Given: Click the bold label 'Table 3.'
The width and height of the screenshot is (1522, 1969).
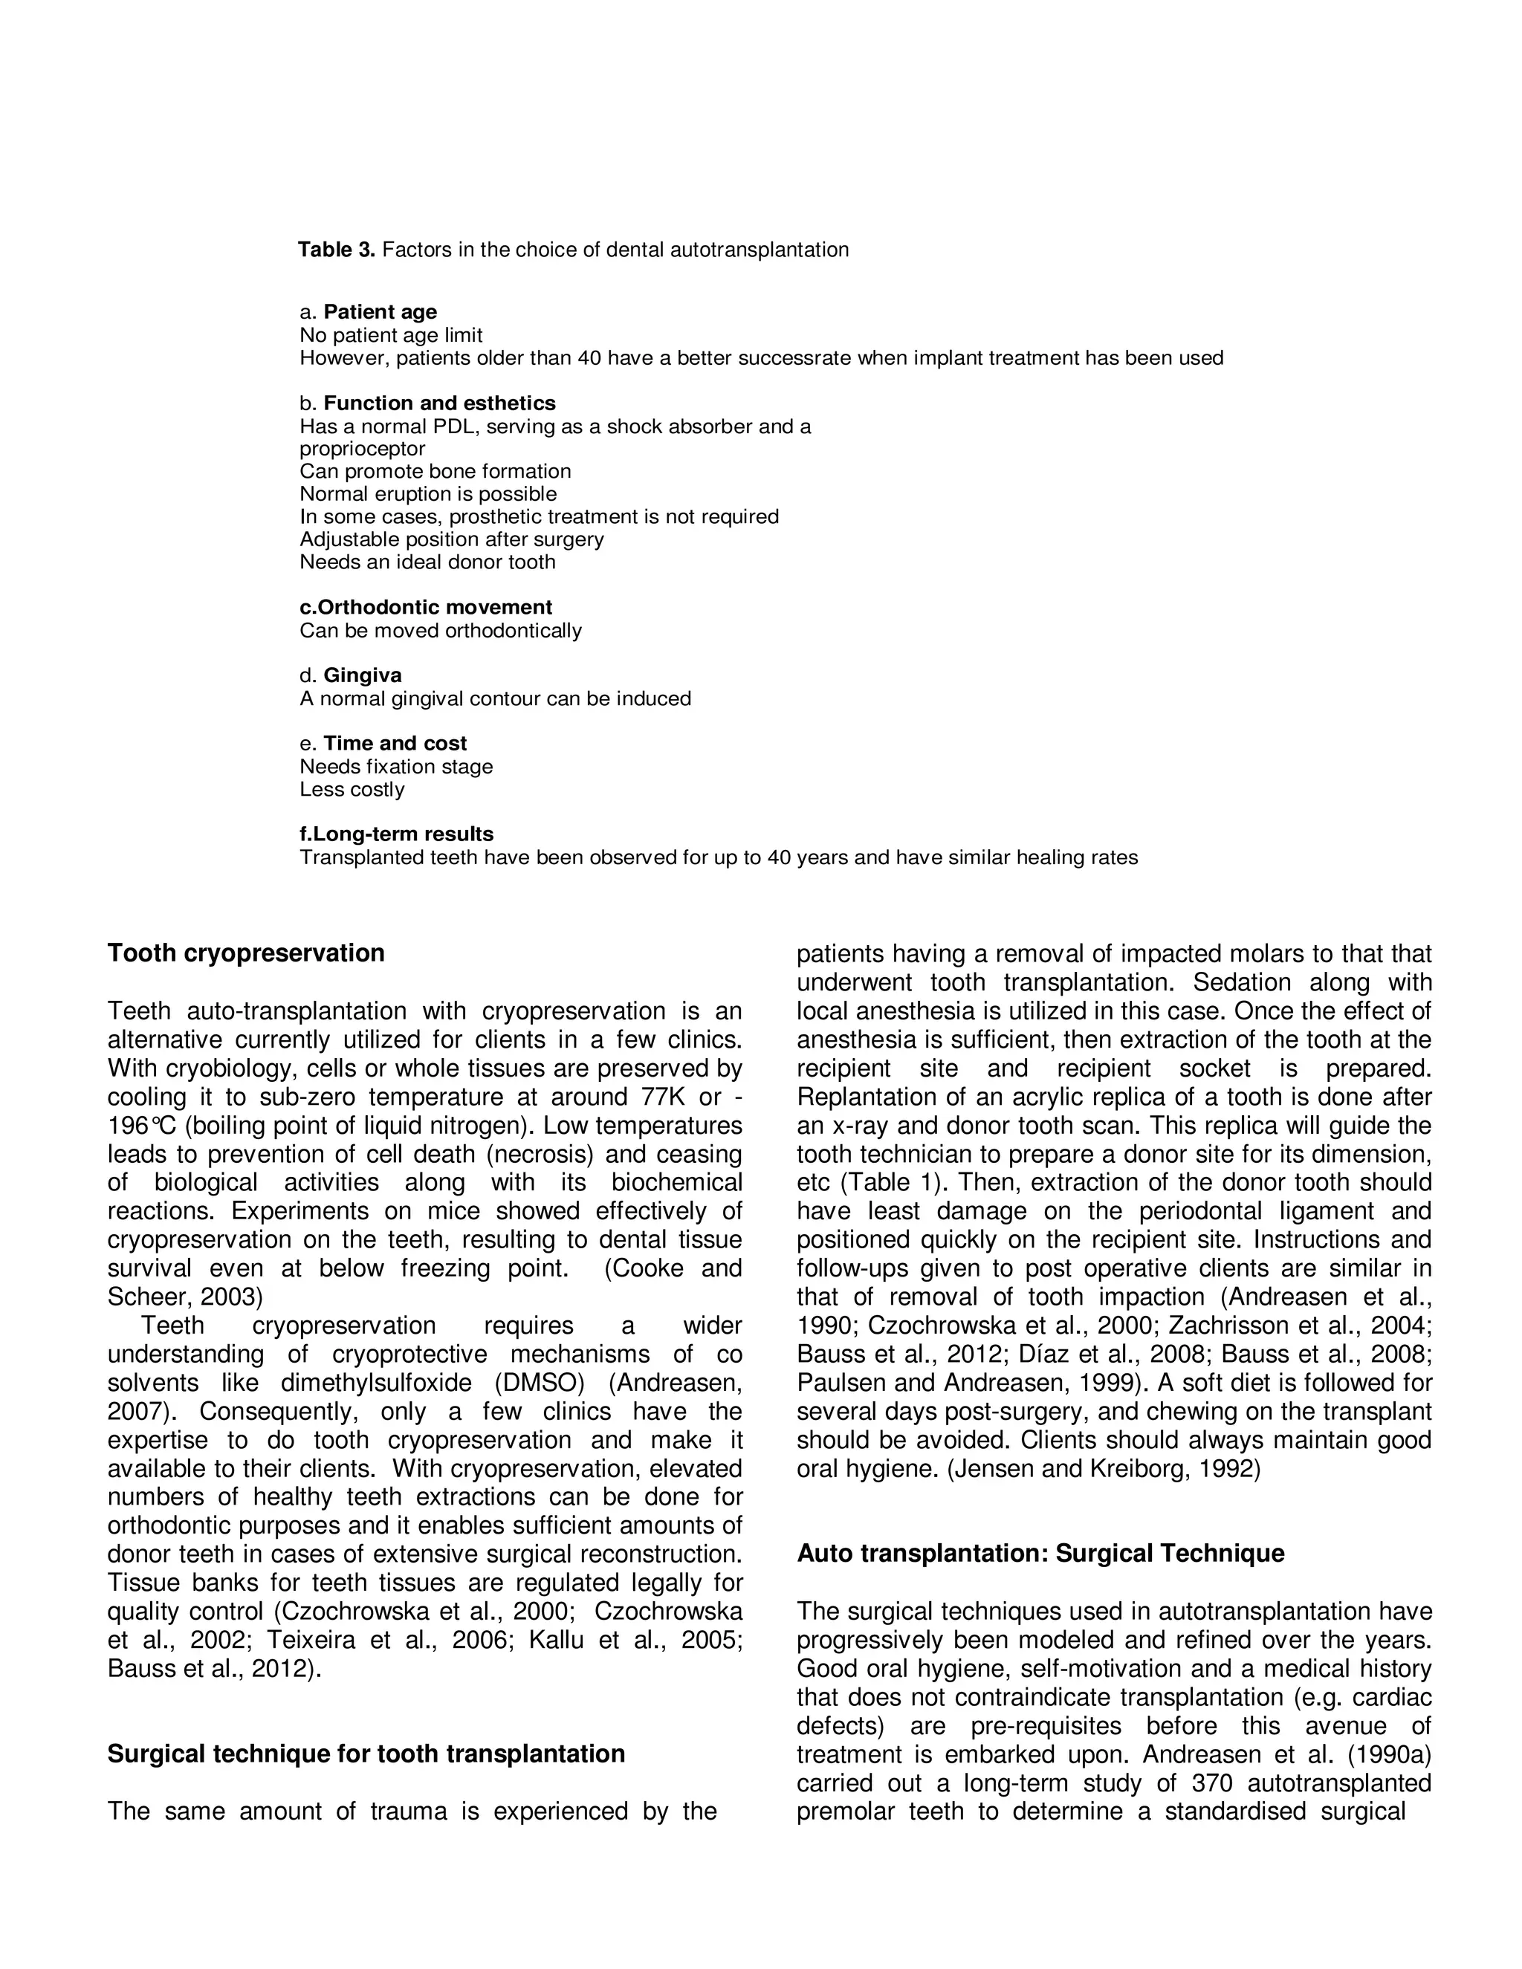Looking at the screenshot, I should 335,250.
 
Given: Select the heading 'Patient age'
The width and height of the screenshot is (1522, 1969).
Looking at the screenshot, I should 380,312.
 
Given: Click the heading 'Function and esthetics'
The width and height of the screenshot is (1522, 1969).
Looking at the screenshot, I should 439,403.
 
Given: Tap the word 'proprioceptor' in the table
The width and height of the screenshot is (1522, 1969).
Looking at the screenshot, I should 363,449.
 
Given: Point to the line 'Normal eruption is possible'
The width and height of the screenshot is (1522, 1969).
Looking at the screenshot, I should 428,494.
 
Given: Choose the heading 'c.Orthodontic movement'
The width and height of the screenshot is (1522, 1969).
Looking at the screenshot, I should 426,608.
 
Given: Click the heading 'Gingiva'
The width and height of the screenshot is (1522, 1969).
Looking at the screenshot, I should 363,675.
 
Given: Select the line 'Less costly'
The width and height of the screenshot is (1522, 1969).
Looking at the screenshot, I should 352,790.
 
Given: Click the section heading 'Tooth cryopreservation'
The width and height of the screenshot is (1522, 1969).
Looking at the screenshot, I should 246,954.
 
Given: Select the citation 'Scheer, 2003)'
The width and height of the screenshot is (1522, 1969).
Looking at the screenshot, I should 185,1297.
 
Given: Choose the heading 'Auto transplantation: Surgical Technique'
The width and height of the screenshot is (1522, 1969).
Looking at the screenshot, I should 1040,1554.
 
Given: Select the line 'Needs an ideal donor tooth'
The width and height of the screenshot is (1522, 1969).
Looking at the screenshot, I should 427,562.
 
